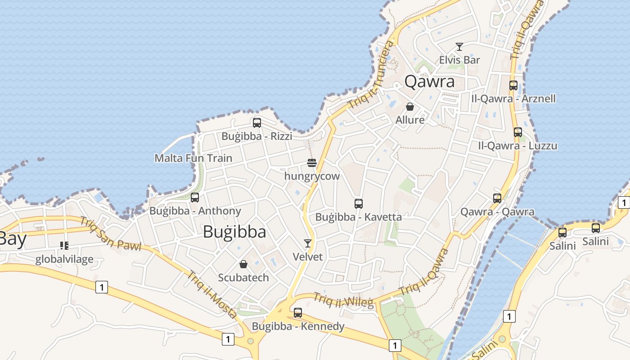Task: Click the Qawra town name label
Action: point(429,81)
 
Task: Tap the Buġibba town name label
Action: point(234,232)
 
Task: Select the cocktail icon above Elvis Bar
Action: point(459,47)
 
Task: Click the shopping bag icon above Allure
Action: point(410,107)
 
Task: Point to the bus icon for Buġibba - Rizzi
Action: point(257,122)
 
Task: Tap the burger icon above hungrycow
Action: point(312,162)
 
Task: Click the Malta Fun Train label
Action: point(193,158)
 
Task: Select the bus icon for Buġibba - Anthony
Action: point(195,197)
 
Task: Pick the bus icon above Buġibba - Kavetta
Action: point(359,203)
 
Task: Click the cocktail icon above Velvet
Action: point(308,243)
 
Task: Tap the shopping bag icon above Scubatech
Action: point(243,264)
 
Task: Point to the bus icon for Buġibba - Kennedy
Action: point(298,312)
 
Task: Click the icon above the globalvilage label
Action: point(64,245)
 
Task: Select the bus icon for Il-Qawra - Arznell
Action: point(513,85)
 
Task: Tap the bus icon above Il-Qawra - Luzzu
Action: point(518,132)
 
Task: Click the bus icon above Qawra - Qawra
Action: point(497,198)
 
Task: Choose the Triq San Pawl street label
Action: point(111,234)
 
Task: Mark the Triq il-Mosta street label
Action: point(212,294)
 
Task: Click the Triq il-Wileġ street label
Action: point(343,301)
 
